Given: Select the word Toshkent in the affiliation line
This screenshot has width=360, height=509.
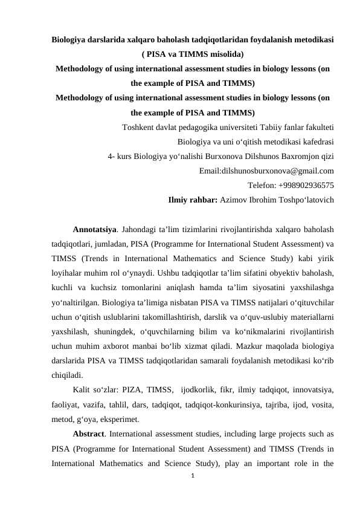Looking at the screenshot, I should (x=138, y=128).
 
